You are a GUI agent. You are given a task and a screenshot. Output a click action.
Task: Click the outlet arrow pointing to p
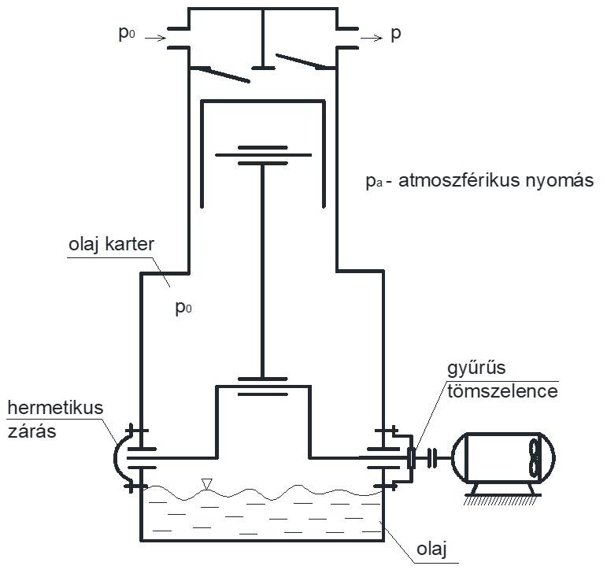tap(373, 36)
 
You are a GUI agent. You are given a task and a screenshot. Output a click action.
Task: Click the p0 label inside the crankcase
tap(183, 307)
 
